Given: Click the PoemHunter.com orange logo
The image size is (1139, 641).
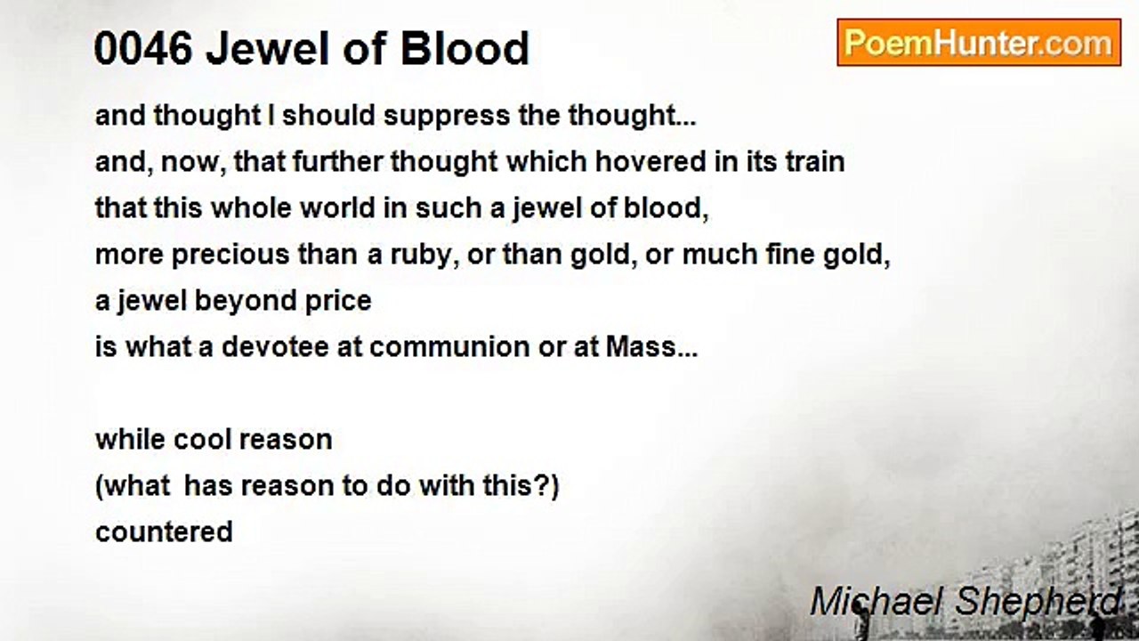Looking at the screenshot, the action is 979,43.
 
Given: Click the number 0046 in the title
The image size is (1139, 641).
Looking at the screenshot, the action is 143,49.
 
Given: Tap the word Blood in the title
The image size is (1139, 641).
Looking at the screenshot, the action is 465,49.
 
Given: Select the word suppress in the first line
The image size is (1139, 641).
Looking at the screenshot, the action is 447,117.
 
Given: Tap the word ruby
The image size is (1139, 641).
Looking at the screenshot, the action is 421,256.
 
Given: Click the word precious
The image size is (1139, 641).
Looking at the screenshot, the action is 230,255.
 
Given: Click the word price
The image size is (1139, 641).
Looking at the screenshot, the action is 338,301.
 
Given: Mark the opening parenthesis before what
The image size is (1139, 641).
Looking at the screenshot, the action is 99,487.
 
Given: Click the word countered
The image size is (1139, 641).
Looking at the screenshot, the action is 164,532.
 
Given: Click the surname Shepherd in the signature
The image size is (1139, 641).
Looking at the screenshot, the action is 1038,603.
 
